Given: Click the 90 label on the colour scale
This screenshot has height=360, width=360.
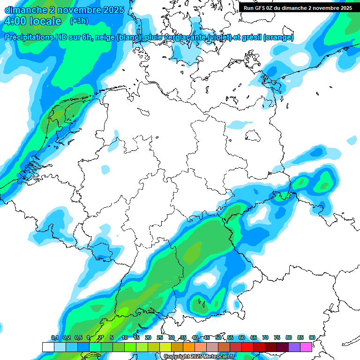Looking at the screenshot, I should (312, 337).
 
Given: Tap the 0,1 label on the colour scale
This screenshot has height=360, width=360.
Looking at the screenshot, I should (54, 337).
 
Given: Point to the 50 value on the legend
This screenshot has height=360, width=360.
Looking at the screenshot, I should (218, 337).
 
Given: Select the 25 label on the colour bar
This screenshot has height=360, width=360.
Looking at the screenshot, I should (160, 337).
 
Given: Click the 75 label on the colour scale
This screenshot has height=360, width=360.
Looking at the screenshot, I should (277, 337).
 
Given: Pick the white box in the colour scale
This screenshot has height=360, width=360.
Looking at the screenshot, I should (48, 347).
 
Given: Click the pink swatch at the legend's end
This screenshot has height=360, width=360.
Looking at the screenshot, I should (306, 347).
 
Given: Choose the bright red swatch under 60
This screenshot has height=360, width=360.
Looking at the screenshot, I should (247, 347).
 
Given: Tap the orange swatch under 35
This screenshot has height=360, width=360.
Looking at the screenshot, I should (189, 347).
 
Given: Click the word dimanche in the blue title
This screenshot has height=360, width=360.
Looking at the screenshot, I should (24, 10).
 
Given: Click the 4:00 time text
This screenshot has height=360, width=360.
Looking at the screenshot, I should (14, 21).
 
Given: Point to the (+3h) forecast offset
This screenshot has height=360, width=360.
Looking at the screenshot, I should (79, 21).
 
